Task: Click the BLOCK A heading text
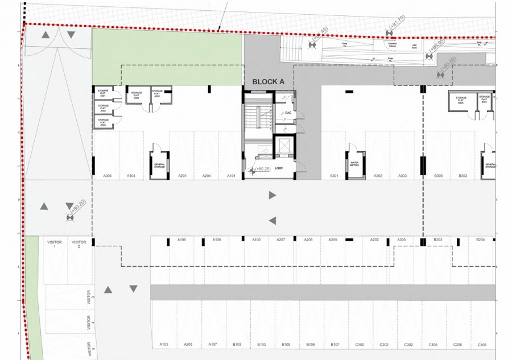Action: (x=268, y=82)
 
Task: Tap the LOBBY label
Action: (x=279, y=168)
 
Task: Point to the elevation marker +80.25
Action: (x=262, y=169)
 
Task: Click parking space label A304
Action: (x=106, y=176)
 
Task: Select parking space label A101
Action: (x=232, y=176)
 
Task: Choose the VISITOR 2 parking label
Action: (x=79, y=245)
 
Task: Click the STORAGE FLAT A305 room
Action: (x=136, y=96)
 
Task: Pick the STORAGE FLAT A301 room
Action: (x=103, y=93)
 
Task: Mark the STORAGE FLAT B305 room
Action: (x=461, y=100)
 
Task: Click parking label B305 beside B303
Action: (x=438, y=176)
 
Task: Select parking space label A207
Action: (x=281, y=240)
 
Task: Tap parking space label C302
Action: (x=408, y=345)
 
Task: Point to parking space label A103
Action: (x=164, y=345)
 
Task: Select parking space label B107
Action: (x=335, y=345)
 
